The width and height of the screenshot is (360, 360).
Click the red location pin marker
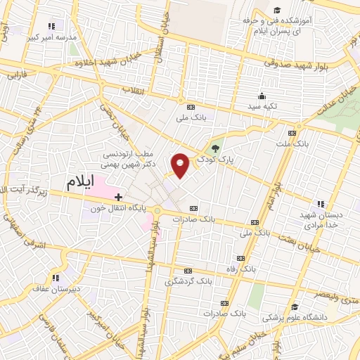[180, 165]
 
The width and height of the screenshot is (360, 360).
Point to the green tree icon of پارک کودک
[215, 148]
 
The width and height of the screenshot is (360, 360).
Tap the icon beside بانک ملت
[292, 132]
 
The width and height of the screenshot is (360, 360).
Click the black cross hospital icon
[118, 197]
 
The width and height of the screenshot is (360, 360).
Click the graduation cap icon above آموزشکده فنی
[277, 11]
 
